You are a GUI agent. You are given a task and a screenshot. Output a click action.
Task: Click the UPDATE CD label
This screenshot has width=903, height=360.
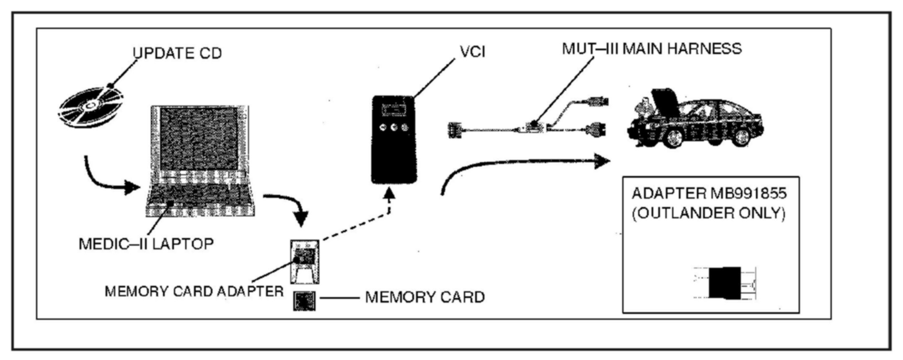click(177, 53)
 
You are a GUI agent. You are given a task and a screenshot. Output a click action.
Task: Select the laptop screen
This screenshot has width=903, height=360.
click(199, 139)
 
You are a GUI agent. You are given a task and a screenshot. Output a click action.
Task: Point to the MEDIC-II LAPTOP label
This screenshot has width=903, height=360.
click(146, 243)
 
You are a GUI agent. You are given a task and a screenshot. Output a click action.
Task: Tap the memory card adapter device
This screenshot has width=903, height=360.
click(305, 261)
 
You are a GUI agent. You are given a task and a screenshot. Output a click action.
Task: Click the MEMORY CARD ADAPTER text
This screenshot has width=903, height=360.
click(194, 291)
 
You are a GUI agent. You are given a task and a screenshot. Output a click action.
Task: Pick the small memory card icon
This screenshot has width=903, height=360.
click(305, 301)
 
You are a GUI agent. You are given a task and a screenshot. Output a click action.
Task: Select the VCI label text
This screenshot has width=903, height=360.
click(473, 52)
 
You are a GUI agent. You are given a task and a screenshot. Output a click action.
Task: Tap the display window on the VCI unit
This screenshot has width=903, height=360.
click(394, 111)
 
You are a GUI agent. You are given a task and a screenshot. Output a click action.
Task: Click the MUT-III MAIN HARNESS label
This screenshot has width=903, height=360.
click(652, 49)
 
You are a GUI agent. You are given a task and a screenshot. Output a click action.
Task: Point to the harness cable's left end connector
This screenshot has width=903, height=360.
click(454, 130)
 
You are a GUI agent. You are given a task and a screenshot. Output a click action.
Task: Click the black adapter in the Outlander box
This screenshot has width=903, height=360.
click(724, 283)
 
